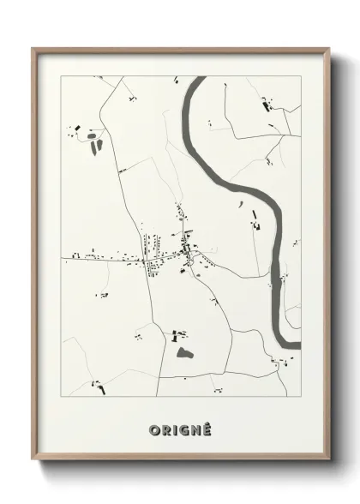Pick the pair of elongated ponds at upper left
[x=92, y=142]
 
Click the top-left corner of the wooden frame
[x=34, y=49]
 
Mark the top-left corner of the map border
[x=60, y=76]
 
